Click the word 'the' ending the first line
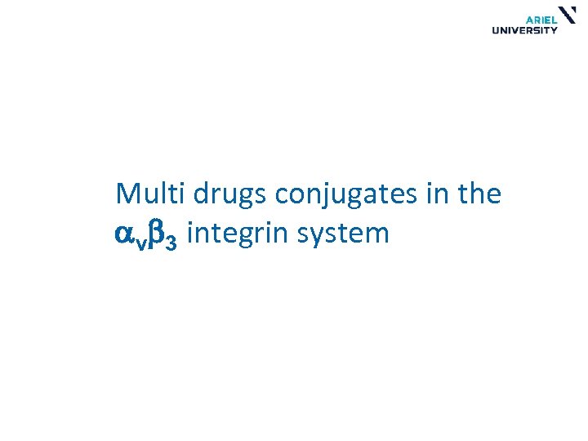click(481, 194)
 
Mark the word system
click(344, 235)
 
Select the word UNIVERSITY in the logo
click(524, 31)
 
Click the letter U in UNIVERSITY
click(496, 31)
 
